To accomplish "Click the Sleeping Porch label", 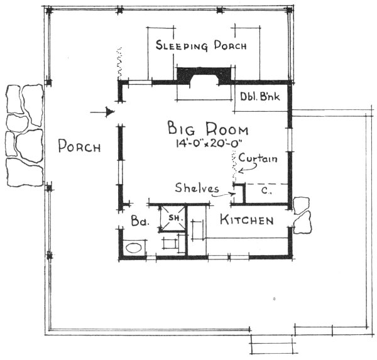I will (x=200, y=46).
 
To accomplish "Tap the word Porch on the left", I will (x=79, y=147).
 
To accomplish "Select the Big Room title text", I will (x=207, y=129).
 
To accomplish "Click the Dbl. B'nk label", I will (x=260, y=97).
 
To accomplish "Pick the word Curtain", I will (x=258, y=159).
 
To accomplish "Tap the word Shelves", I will (x=197, y=188).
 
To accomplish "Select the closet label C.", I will (x=266, y=190).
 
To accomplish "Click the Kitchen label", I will (x=246, y=221).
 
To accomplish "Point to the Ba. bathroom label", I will (x=138, y=222).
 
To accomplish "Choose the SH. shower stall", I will (x=172, y=218).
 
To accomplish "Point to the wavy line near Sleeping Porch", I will (x=117, y=63).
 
